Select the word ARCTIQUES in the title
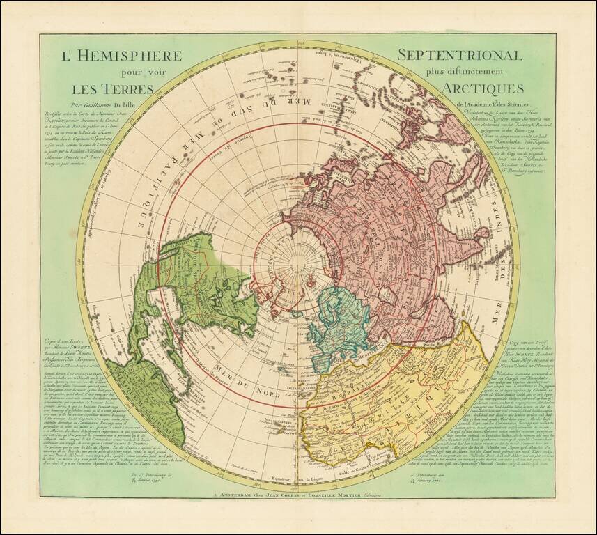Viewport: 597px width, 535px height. tap(480, 89)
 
